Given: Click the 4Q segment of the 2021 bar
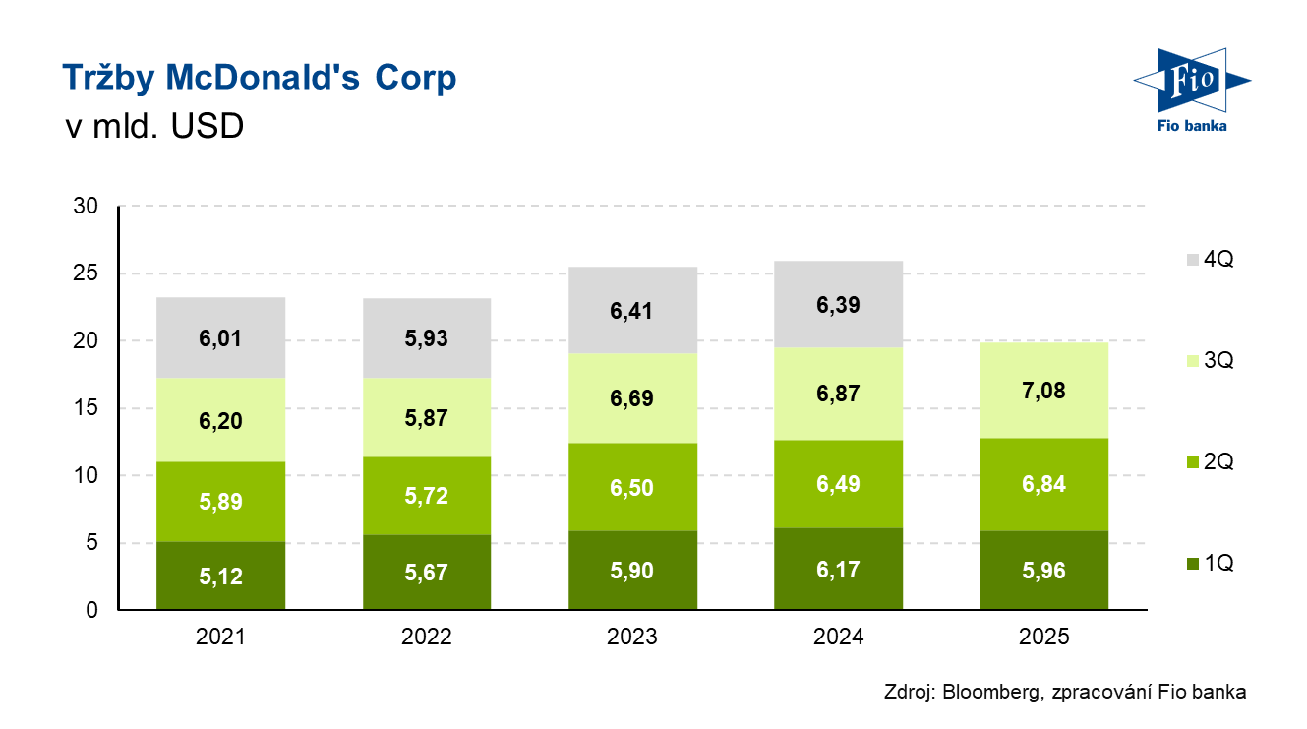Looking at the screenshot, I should point(220,337).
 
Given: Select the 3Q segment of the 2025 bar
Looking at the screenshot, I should point(1043,391).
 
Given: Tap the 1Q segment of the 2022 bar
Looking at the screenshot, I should point(426,573).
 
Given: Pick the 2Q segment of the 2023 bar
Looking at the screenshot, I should point(632,486).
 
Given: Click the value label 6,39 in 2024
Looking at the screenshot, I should point(838,305).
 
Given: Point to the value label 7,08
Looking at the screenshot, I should point(1044,391).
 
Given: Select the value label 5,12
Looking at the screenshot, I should point(221,577).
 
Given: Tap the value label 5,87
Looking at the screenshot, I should point(427,417).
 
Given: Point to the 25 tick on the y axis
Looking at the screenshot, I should point(87,273).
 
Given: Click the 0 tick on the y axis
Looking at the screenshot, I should point(92,610).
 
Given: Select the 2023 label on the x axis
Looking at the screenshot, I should point(632,637).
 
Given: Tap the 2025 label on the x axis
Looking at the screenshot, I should point(1043,637).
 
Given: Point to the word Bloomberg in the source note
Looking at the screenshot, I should point(986,692).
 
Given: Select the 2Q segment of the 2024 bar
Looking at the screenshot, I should point(838,484).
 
